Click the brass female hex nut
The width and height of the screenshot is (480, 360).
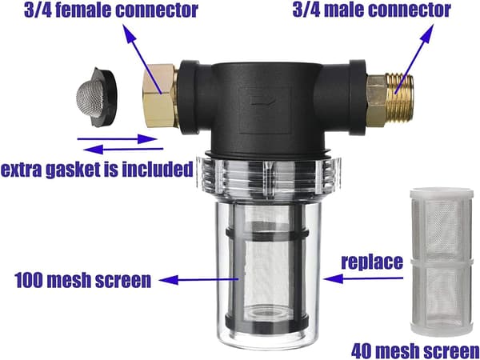pyautogui.click(x=158, y=95)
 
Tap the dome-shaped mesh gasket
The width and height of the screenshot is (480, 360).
pyautogui.click(x=96, y=97)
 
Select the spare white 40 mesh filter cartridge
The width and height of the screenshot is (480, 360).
pyautogui.click(x=442, y=261)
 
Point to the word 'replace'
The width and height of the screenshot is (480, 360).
pyautogui.click(x=372, y=262)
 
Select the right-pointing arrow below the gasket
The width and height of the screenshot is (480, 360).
pyautogui.click(x=117, y=139)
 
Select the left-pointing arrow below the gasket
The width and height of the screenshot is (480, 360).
pyautogui.click(x=123, y=150)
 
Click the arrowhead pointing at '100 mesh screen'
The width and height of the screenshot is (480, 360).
pyautogui.click(x=169, y=280)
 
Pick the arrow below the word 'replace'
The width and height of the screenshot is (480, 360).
pyautogui.click(x=363, y=278)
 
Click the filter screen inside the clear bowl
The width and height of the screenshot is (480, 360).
pyautogui.click(x=266, y=270)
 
